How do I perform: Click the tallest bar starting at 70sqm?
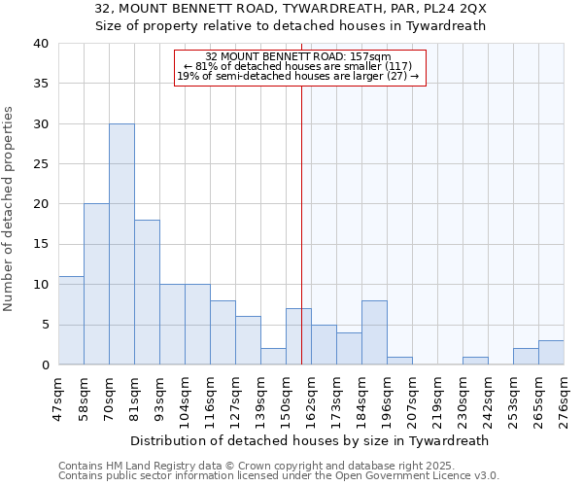[121, 244]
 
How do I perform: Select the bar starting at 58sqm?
[96, 284]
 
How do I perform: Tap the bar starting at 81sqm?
[147, 292]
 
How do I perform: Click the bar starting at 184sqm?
[374, 332]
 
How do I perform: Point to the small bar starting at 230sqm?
[475, 361]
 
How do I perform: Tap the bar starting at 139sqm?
[273, 356]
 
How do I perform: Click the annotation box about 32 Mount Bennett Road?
[299, 67]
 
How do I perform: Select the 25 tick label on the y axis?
[40, 164]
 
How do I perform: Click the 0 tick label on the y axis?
[44, 365]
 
